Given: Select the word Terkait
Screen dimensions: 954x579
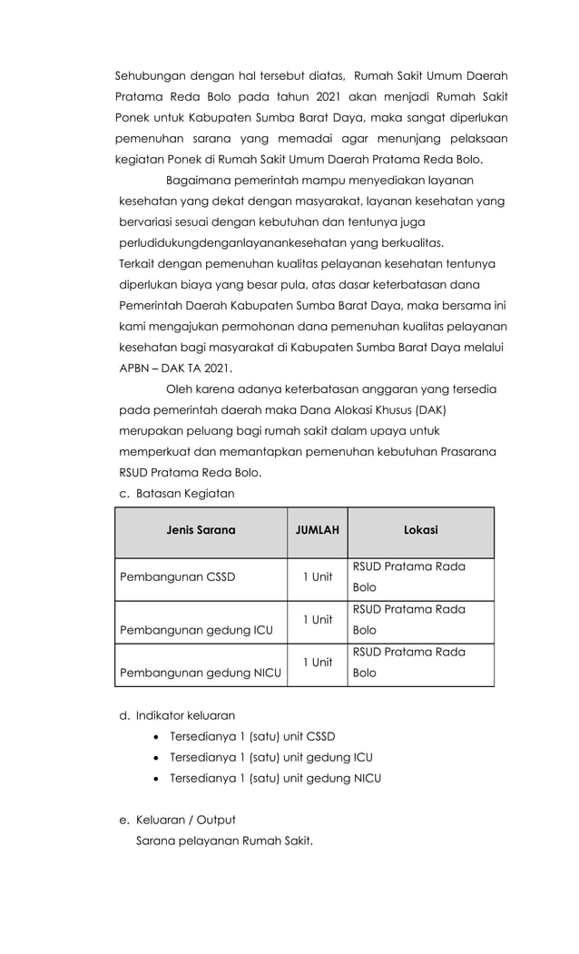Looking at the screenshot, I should click(x=138, y=263).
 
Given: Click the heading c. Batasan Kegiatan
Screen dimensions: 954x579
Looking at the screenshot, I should click(x=177, y=493).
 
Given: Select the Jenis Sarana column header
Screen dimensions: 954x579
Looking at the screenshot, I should click(x=201, y=530).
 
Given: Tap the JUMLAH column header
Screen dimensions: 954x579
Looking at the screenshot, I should click(x=317, y=530).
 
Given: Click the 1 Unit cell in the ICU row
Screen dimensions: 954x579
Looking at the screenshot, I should click(x=317, y=619).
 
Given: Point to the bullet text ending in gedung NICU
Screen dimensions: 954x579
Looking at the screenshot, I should click(x=275, y=778).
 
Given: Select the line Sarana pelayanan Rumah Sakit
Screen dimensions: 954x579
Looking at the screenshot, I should click(x=224, y=841).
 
